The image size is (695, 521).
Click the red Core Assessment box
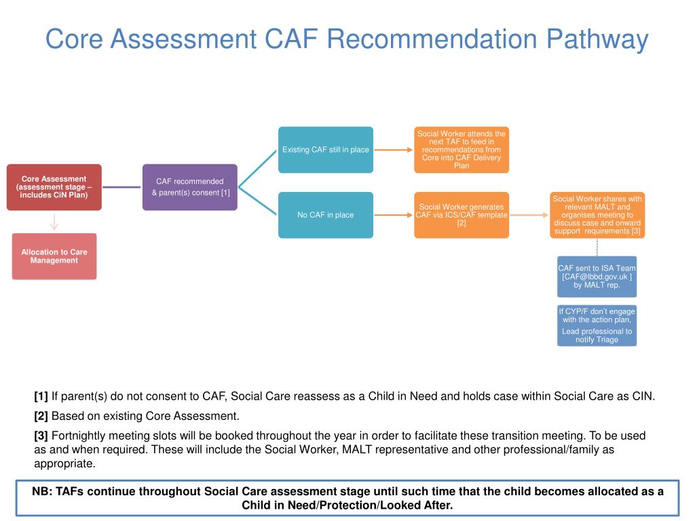pyautogui.click(x=54, y=187)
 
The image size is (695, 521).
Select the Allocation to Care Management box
pyautogui.click(x=54, y=256)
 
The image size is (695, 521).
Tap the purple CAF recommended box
pyautogui.click(x=190, y=187)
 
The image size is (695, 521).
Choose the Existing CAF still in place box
pyautogui.click(x=326, y=150)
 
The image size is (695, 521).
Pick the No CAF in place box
pyautogui.click(x=326, y=215)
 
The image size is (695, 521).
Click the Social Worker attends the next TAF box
pyautogui.click(x=462, y=150)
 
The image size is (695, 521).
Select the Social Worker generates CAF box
pyautogui.click(x=462, y=215)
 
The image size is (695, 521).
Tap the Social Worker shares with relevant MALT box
pyautogui.click(x=597, y=215)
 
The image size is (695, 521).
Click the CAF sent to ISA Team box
pyautogui.click(x=597, y=277)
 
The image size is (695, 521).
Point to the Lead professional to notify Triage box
pyautogui.click(x=597, y=326)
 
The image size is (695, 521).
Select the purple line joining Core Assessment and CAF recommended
pyautogui.click(x=122, y=187)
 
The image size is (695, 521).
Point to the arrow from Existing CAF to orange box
pyautogui.click(x=394, y=150)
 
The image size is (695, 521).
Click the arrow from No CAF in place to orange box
pyautogui.click(x=394, y=215)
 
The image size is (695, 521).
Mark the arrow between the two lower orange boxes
pyautogui.click(x=529, y=215)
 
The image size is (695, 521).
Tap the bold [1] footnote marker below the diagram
pyautogui.click(x=41, y=396)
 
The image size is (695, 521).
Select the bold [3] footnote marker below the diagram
pyautogui.click(x=41, y=436)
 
